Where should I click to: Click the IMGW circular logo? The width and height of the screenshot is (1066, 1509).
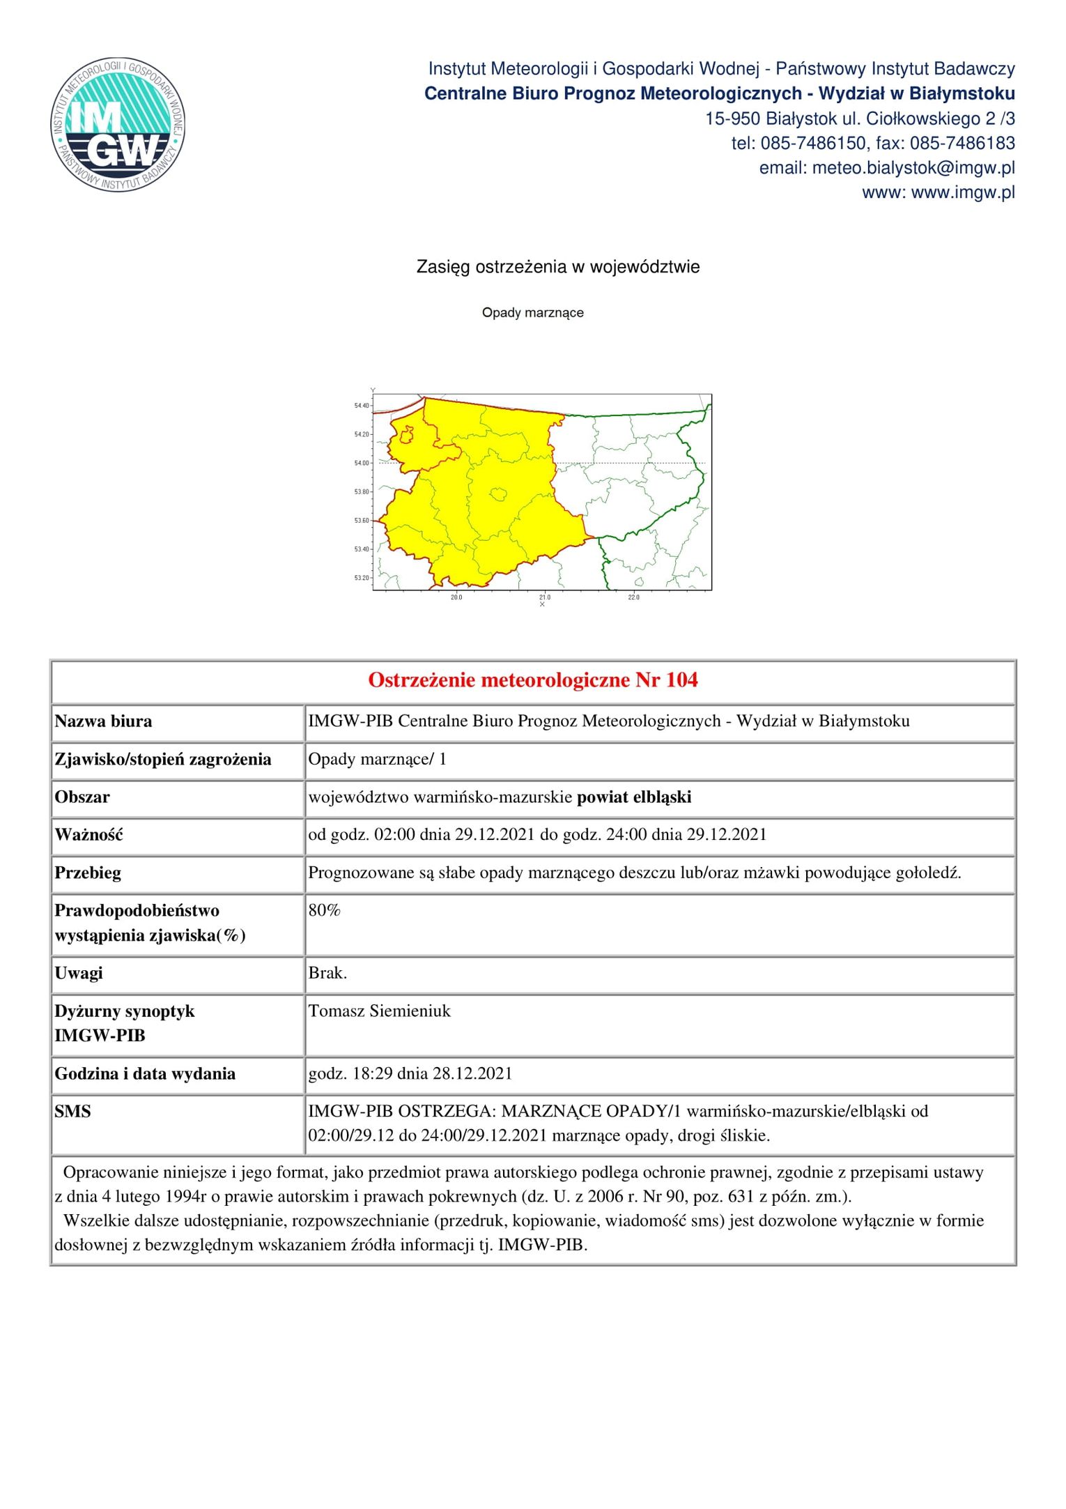point(118,125)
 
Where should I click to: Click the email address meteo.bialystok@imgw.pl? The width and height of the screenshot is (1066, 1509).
point(913,168)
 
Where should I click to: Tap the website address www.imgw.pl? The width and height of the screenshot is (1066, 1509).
point(962,192)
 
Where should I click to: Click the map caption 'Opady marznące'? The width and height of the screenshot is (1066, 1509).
point(532,313)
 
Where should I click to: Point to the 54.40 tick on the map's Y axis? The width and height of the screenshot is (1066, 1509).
point(362,406)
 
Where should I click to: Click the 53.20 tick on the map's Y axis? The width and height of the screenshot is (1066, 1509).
point(362,578)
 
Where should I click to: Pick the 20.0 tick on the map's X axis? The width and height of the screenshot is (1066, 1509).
point(456,597)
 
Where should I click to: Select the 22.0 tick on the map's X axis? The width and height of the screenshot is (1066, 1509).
point(633,597)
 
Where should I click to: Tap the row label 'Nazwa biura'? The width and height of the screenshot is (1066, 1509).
point(103,721)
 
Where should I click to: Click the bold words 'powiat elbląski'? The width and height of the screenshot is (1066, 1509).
point(633,797)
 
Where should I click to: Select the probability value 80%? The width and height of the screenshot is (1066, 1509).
point(324,910)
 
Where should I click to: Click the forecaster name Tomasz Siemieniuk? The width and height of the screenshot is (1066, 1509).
point(379,1011)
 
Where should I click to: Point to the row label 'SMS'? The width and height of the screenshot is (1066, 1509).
point(72,1111)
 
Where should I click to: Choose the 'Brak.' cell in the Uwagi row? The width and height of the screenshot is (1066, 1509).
point(327,973)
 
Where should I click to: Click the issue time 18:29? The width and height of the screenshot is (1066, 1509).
point(373,1073)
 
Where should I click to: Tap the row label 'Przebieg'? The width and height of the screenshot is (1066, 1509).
point(88,873)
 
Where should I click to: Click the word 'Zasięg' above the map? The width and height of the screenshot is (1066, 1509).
point(443,267)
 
